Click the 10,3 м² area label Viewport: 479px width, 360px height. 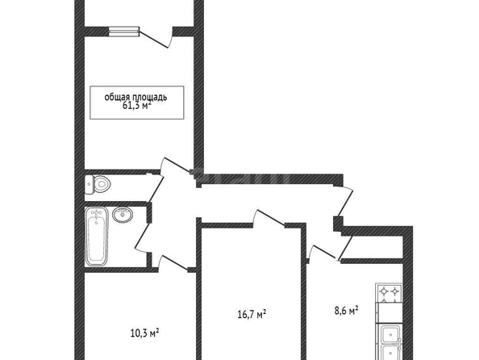point(144,333)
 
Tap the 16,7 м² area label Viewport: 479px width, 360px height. point(252,314)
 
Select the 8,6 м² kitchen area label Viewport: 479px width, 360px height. point(346,311)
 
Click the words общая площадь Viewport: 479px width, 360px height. point(136,97)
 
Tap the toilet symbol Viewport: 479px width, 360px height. point(97,184)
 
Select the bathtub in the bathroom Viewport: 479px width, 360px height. point(97,237)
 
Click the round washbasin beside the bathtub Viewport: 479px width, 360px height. point(123,214)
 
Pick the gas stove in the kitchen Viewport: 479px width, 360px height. point(389,292)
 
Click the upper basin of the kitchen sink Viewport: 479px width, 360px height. point(390,333)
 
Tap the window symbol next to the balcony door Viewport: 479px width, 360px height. point(124,31)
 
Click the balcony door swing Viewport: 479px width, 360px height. point(155,37)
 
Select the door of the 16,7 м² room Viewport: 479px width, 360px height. point(270,218)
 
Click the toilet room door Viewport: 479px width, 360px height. point(155,189)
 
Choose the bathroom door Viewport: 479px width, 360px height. point(143,237)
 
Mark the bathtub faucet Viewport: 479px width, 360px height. point(97,214)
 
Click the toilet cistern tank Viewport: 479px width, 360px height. point(89,184)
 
